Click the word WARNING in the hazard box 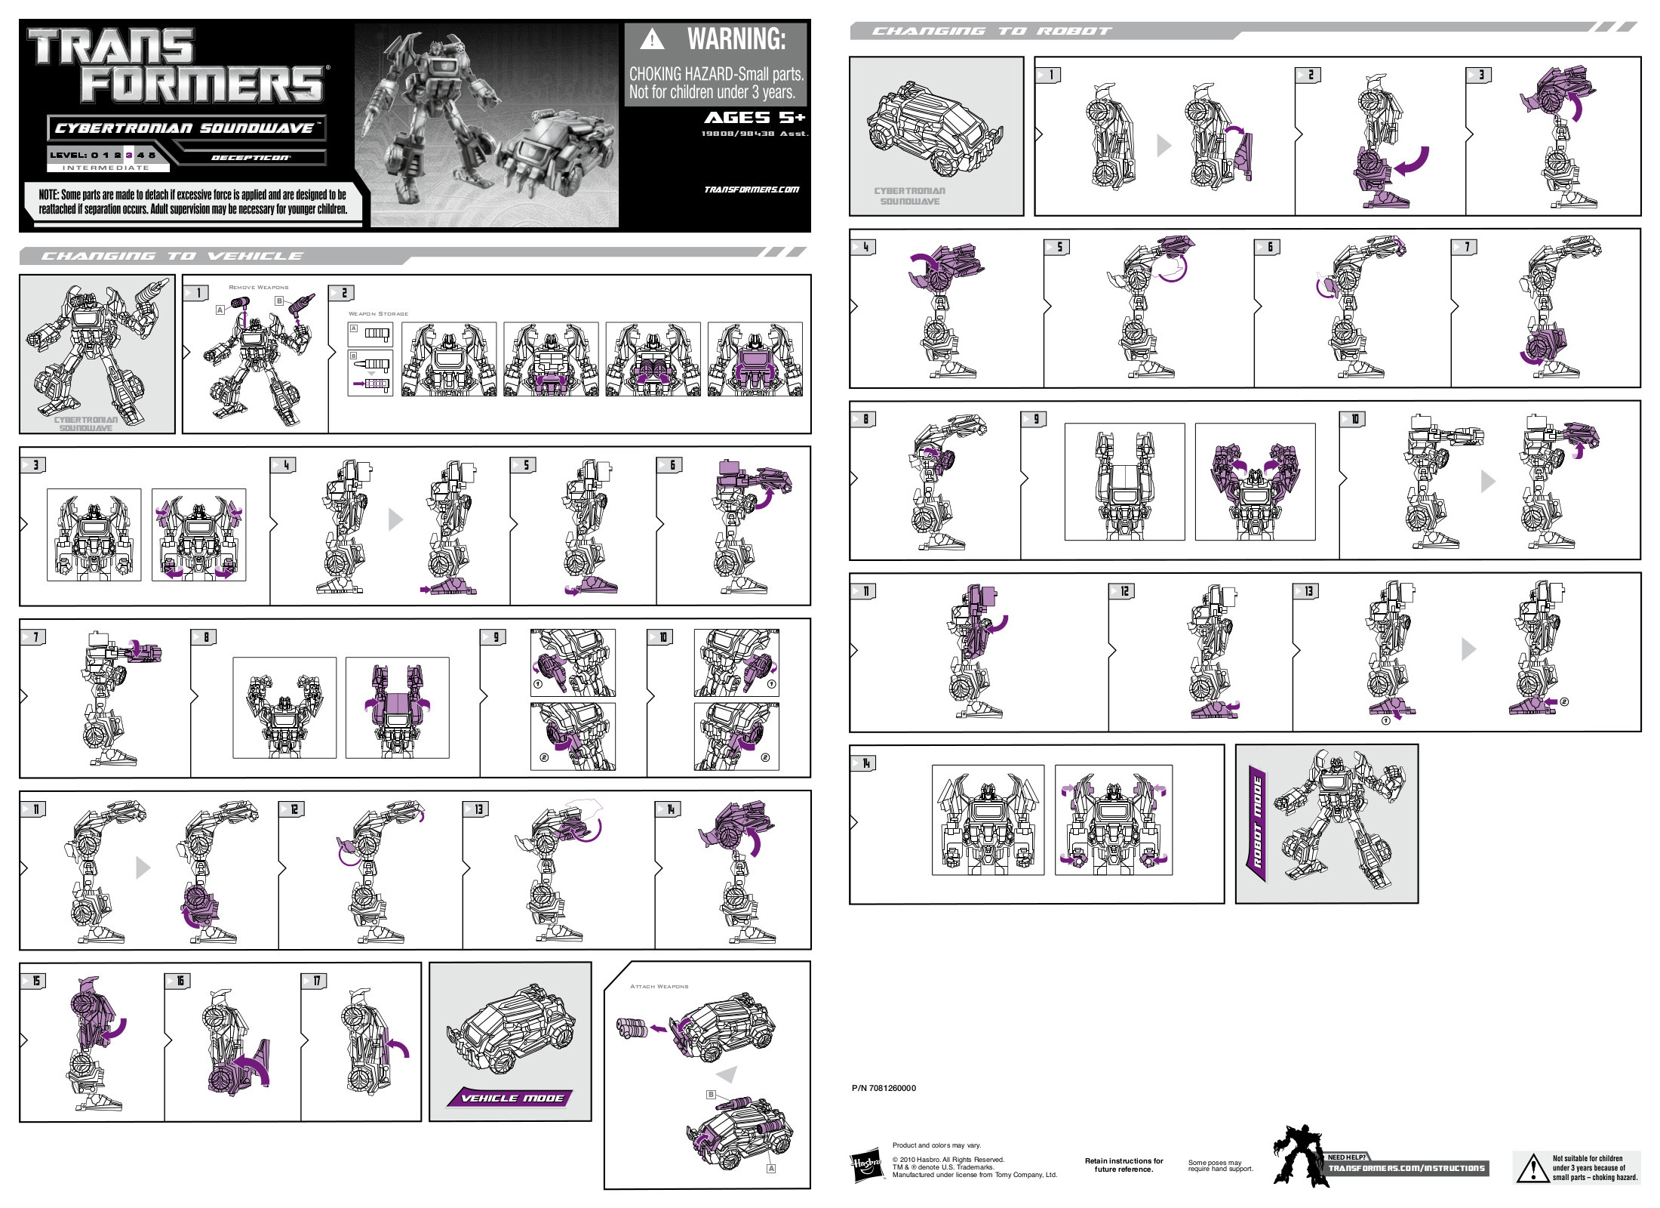coord(736,39)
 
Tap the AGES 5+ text coord(755,118)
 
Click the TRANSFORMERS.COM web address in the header coord(751,190)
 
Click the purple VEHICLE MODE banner coord(512,1099)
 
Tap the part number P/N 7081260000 coord(884,1088)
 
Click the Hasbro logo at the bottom coord(867,1166)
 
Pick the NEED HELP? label coord(1346,1157)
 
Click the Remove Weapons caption coord(258,288)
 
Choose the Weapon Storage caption coord(378,314)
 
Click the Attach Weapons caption coord(659,987)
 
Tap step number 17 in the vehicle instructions coord(315,981)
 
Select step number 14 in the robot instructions coord(865,763)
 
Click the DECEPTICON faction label coord(251,158)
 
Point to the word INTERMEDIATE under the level coord(106,168)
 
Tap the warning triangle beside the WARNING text coord(652,39)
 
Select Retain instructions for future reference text coord(1124,1165)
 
